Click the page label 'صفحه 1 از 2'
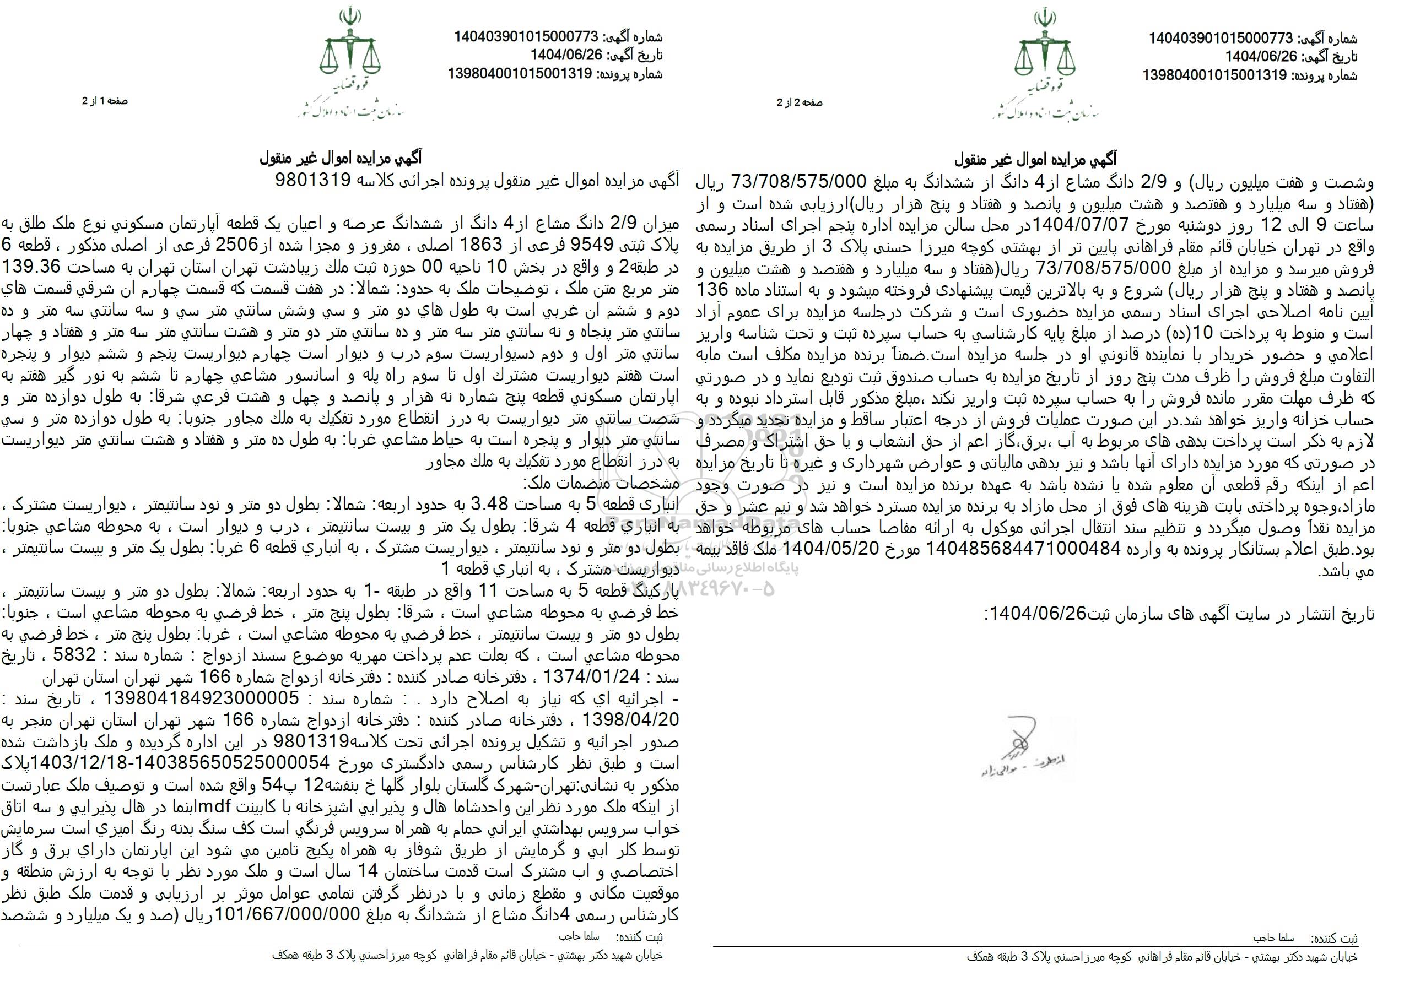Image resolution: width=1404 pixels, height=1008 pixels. (105, 101)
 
